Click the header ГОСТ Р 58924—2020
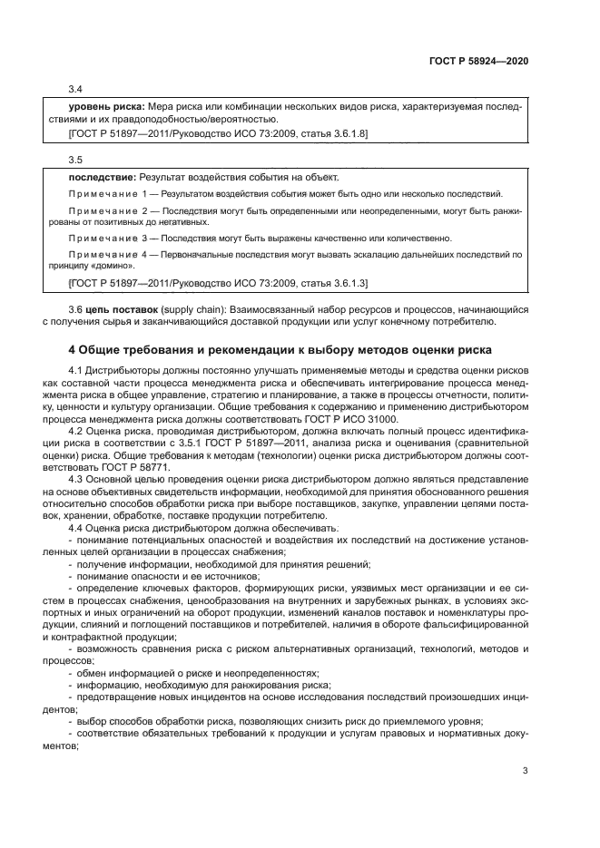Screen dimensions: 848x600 pos(477,61)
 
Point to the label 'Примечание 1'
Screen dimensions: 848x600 pos(107,194)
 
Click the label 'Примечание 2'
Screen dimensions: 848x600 pos(107,210)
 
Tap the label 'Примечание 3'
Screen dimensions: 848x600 pos(107,239)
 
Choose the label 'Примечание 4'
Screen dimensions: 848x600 pos(107,256)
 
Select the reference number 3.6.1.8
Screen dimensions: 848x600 pos(349,134)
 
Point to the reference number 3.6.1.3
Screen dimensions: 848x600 pos(349,285)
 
